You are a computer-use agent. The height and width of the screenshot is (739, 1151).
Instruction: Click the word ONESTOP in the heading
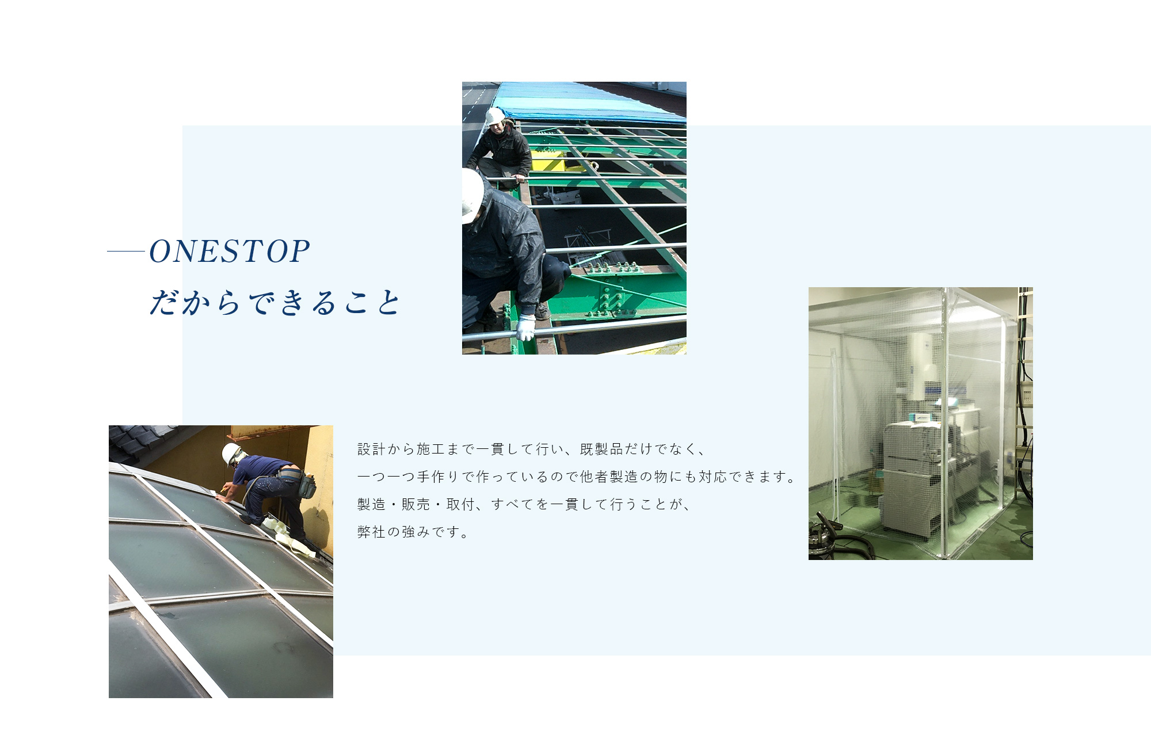(230, 252)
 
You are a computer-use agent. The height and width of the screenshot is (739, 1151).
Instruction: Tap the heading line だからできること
(275, 302)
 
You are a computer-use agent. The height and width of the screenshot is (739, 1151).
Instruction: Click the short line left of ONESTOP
(126, 252)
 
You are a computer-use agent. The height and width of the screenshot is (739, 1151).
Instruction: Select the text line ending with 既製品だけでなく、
(531, 449)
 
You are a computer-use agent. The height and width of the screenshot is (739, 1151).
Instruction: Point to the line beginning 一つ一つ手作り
(577, 477)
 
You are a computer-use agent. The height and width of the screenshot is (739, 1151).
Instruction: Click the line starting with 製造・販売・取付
(524, 504)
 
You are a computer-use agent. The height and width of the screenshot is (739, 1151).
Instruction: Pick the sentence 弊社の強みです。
(413, 532)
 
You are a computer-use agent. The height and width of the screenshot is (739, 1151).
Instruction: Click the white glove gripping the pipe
(525, 327)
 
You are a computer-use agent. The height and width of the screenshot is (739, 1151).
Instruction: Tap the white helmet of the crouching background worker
(494, 116)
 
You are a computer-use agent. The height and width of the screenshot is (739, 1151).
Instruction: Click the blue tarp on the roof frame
(590, 102)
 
